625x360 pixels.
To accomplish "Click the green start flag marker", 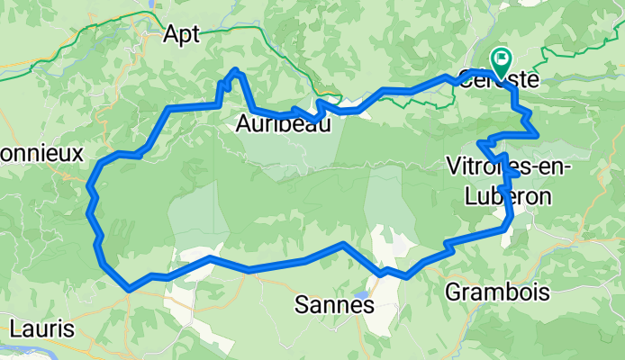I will (x=500, y=60).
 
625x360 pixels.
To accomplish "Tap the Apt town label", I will (x=181, y=34).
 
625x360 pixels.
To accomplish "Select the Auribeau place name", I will (x=283, y=125).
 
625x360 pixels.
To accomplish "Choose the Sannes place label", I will (x=334, y=306).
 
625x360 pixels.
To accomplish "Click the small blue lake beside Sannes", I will (x=361, y=294).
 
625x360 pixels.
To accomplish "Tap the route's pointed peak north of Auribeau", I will (x=236, y=69).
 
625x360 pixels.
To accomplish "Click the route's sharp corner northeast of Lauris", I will (x=131, y=288).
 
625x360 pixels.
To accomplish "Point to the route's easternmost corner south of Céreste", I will (x=538, y=135).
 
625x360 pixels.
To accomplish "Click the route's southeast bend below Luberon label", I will (x=509, y=225).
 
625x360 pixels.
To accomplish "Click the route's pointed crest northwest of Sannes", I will (x=343, y=244).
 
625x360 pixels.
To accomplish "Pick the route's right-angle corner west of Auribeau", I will (x=168, y=109).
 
